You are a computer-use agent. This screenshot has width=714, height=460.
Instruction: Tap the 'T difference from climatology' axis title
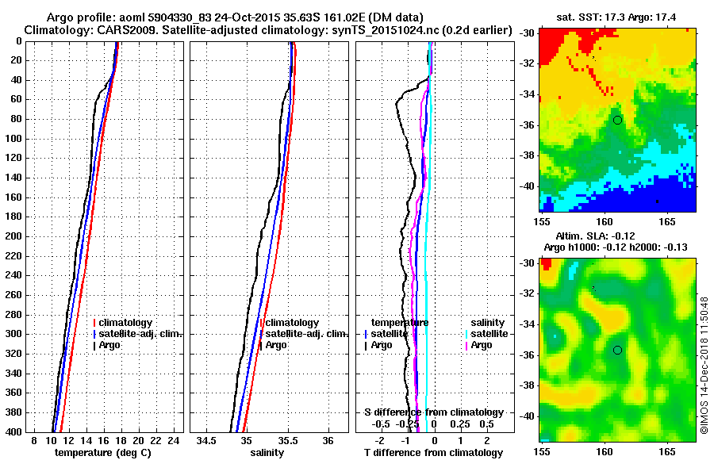coord(434,453)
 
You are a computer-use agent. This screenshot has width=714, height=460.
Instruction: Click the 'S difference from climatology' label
coord(434,412)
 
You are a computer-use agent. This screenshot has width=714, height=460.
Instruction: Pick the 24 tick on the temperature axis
coord(175,440)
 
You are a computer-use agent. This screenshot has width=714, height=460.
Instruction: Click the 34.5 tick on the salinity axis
coord(207,440)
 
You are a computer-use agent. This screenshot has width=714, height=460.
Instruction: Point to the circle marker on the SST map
coord(617,120)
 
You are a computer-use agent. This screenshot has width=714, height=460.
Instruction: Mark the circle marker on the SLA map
coord(617,350)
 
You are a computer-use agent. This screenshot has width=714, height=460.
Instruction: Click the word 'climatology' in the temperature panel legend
coord(125,323)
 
